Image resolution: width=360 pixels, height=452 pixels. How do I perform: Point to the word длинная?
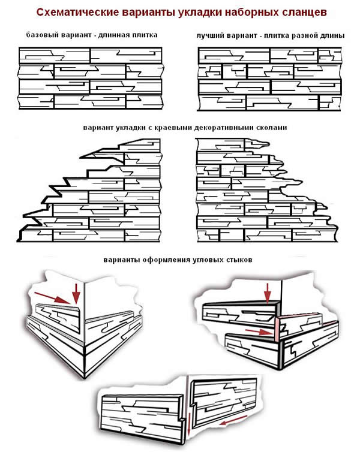click(x=116, y=35)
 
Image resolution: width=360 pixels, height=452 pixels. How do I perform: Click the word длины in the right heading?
click(x=332, y=35)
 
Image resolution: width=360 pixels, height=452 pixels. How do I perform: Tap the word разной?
click(x=304, y=35)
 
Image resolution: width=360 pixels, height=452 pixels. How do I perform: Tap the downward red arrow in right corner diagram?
click(x=268, y=292)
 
